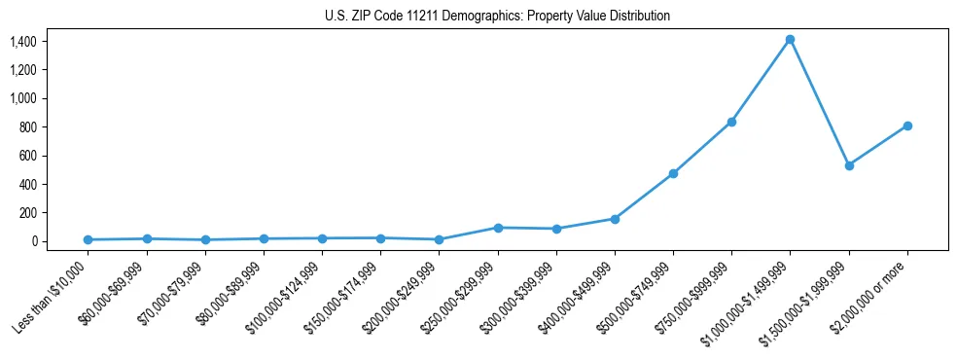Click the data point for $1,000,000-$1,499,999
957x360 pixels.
pos(790,40)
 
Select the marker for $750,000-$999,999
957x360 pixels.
pos(731,122)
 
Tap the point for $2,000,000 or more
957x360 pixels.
pos(907,126)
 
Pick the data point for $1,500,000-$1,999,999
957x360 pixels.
pos(849,165)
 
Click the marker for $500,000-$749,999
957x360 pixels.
pos(673,173)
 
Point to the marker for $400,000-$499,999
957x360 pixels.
pos(615,219)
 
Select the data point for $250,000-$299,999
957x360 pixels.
pos(498,228)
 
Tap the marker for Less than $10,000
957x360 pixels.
pos(88,239)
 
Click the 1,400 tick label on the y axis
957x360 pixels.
pos(22,41)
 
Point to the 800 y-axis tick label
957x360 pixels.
pos(27,126)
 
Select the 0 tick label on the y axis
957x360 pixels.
pos(33,241)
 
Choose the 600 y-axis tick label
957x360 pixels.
pos(27,156)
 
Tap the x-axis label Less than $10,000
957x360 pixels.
pos(52,297)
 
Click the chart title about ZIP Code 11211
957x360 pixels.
pos(497,16)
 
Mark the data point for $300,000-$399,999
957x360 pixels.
pos(556,229)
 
